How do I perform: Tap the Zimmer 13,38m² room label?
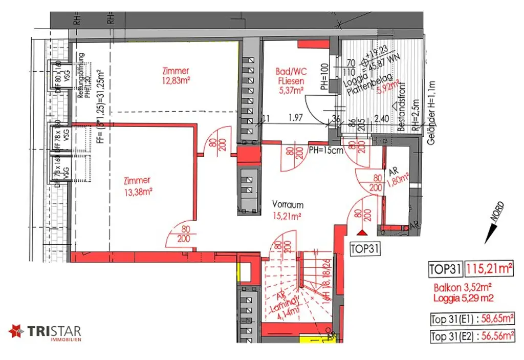[137, 186]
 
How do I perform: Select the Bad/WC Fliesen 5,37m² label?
[291, 81]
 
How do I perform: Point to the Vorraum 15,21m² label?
[289, 210]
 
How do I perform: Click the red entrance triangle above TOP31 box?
[363, 233]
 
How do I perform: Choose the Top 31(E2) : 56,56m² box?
[472, 336]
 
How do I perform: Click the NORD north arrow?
[494, 223]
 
